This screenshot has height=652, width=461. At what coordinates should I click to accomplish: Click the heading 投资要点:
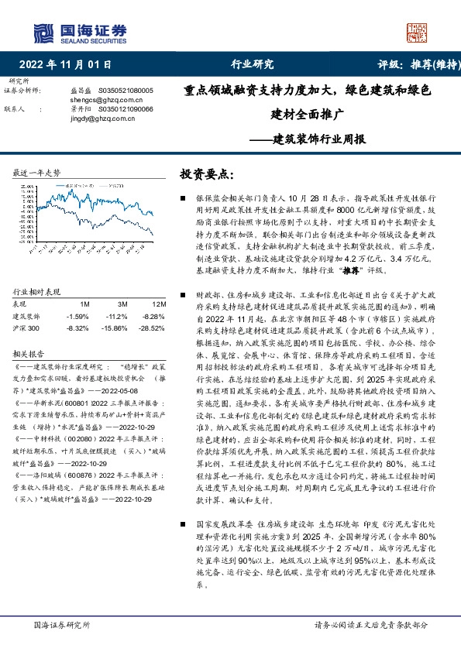click(x=206, y=174)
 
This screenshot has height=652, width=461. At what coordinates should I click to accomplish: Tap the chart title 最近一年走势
click(x=37, y=172)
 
